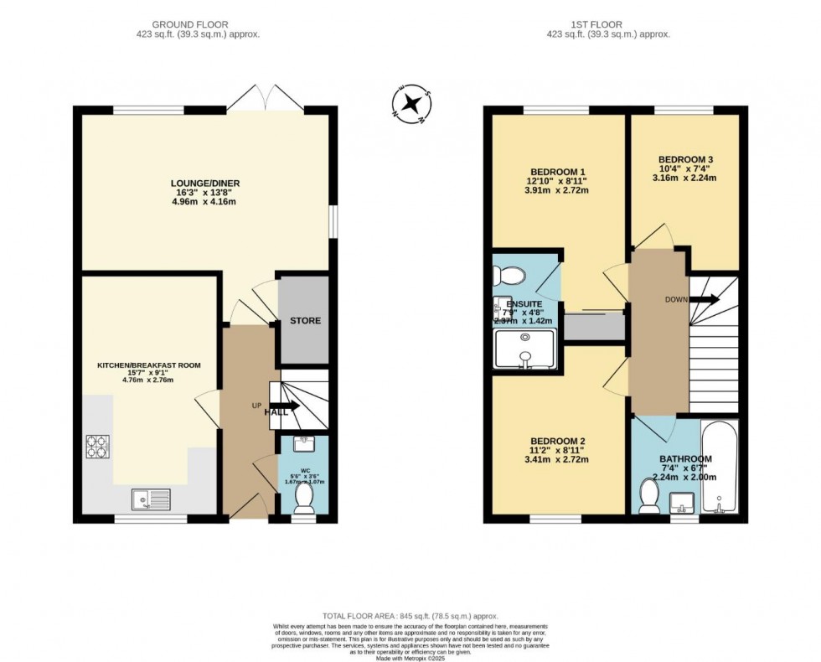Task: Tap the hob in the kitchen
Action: click(97, 446)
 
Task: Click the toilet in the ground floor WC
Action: click(302, 499)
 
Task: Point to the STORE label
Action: click(305, 321)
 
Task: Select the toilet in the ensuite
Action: click(509, 275)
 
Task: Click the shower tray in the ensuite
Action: click(525, 349)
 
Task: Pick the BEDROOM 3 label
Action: click(685, 159)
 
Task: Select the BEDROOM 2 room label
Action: click(557, 441)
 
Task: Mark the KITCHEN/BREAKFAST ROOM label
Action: click(149, 365)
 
